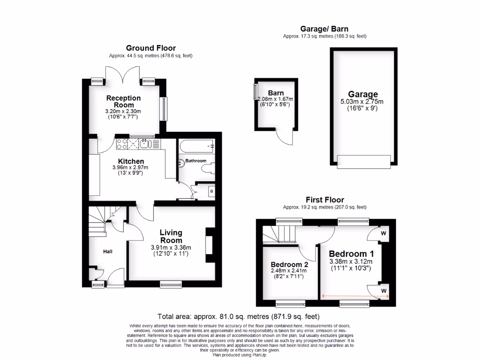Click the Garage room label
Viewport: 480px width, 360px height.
[x=362, y=94]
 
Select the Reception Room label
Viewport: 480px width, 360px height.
[x=123, y=101]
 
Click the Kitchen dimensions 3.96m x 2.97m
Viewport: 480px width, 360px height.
[x=130, y=167]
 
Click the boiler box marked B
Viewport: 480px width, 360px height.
[x=211, y=191]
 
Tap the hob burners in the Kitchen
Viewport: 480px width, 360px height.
[x=122, y=143]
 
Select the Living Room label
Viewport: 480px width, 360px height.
[x=171, y=236]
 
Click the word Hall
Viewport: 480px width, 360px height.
[x=108, y=252]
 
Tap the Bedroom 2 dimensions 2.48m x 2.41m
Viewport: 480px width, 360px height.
[x=288, y=270]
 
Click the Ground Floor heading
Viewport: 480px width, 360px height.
[x=150, y=48]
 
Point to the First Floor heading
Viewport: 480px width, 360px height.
[x=325, y=200]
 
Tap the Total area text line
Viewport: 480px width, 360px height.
[x=240, y=316]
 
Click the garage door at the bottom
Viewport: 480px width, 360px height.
[x=363, y=162]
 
